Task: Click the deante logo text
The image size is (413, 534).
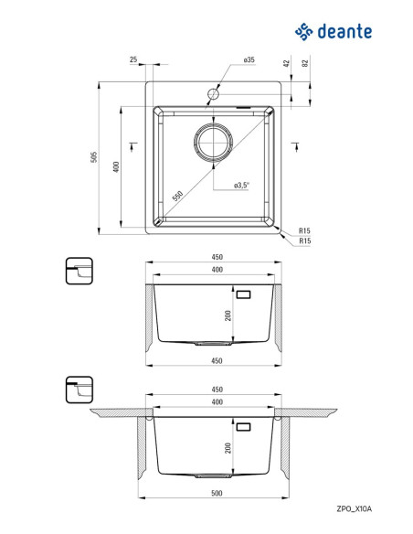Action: [x=344, y=32]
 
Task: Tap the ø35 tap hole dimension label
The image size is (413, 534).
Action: [x=249, y=59]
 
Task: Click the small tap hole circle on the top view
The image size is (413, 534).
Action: [x=213, y=93]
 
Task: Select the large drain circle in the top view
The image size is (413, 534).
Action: [x=213, y=142]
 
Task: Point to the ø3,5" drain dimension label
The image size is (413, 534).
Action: [x=241, y=185]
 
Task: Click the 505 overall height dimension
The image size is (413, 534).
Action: [x=94, y=157]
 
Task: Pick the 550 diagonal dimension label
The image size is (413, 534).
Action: [x=177, y=197]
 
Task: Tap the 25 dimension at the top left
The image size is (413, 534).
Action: [x=133, y=59]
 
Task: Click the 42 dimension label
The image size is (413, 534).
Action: [x=286, y=63]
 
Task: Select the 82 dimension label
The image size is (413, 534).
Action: [x=305, y=63]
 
